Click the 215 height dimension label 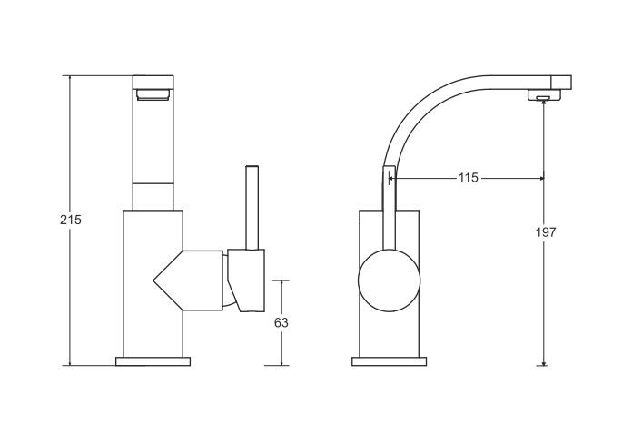pyautogui.click(x=71, y=220)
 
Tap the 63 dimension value pyautogui.click(x=281, y=322)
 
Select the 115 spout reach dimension pyautogui.click(x=468, y=178)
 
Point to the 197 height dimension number pyautogui.click(x=546, y=232)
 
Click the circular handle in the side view pyautogui.click(x=389, y=280)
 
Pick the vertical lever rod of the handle pyautogui.click(x=252, y=208)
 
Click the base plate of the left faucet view pyautogui.click(x=153, y=361)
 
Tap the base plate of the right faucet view pyautogui.click(x=389, y=361)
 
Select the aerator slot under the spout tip pyautogui.click(x=544, y=97)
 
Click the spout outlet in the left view pyautogui.click(x=153, y=95)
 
